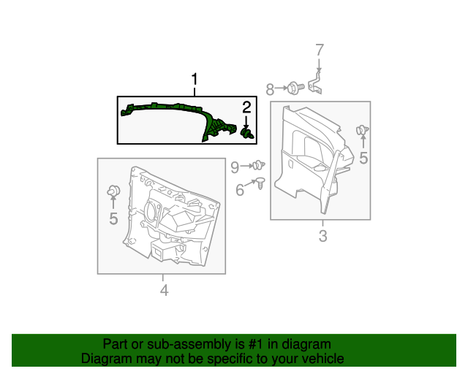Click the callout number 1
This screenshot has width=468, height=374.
click(x=195, y=79)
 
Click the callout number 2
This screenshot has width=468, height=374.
click(x=247, y=107)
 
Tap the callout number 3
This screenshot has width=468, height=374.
click(x=322, y=236)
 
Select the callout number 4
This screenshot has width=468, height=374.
click(x=164, y=291)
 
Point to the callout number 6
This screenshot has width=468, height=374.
click(x=240, y=191)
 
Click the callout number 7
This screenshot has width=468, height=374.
click(x=319, y=50)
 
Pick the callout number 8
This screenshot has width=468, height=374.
click(x=270, y=90)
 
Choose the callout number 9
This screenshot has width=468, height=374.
click(x=235, y=167)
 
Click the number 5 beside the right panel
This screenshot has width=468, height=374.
click(x=363, y=158)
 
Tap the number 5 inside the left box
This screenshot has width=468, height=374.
click(x=113, y=218)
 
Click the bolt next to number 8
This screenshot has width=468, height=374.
click(x=295, y=88)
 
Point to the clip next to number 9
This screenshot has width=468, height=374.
click(x=257, y=167)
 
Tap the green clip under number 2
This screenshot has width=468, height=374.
click(x=248, y=133)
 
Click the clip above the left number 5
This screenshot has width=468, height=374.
click(x=113, y=191)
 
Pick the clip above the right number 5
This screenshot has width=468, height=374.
click(x=361, y=131)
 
